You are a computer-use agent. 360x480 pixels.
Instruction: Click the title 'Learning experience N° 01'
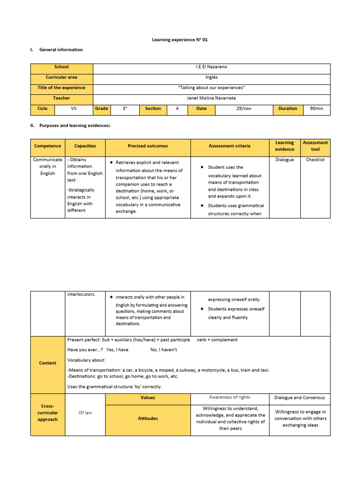point(180,40)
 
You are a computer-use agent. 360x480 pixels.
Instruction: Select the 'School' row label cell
point(61,67)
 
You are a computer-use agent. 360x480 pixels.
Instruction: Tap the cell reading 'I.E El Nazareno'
point(211,67)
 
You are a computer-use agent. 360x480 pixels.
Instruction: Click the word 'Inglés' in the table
point(211,77)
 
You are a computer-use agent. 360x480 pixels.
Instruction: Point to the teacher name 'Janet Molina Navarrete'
point(211,98)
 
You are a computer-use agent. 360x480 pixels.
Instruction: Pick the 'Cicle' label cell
point(43,109)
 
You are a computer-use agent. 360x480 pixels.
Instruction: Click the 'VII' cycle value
point(74,109)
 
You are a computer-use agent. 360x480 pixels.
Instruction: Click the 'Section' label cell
point(153,109)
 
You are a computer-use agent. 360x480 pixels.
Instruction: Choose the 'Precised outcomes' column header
point(148,146)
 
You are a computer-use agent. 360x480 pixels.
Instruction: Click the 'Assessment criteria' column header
point(230,146)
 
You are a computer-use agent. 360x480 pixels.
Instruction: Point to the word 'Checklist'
point(315,160)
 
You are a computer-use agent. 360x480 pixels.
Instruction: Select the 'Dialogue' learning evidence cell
point(285,160)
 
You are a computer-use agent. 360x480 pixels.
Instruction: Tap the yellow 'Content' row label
point(48,363)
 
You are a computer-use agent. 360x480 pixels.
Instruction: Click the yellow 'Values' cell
point(148,397)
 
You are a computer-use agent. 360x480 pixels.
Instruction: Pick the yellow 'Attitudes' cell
point(148,419)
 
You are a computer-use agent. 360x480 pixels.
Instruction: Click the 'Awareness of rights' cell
point(230,397)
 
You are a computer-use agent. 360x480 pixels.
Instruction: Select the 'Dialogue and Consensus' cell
point(300,398)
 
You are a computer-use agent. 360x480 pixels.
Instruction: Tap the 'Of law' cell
point(85,412)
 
